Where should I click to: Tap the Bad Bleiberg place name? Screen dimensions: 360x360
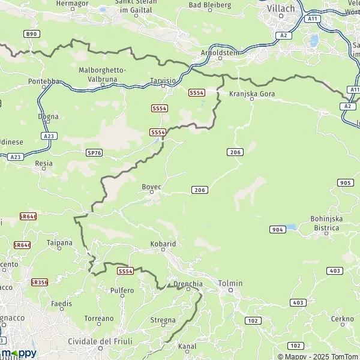point(209,5)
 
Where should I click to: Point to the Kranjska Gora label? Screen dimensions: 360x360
point(251,94)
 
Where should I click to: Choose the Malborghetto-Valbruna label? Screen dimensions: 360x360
point(102,74)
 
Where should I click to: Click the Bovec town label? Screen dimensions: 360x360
point(151,187)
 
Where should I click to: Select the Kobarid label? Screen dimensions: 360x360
point(163,244)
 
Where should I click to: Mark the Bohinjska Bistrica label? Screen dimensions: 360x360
point(326,223)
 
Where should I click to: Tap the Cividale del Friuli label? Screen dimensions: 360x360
point(99,341)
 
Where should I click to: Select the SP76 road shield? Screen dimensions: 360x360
point(94,153)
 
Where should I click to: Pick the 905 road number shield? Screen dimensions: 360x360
point(344,182)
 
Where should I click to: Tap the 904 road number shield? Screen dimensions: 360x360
point(277,229)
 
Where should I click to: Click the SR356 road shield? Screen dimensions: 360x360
point(39,281)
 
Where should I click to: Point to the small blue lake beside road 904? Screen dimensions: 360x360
point(291,228)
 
